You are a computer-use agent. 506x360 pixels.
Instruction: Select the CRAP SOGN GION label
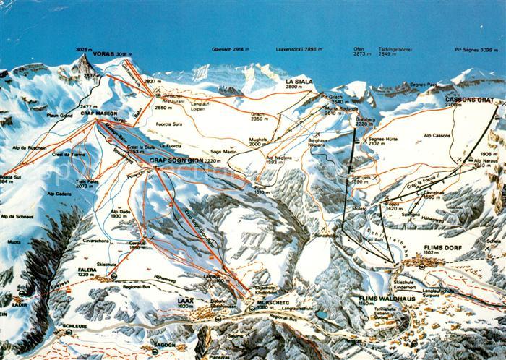click(x=176, y=160)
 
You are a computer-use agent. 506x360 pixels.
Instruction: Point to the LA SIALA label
click(x=299, y=82)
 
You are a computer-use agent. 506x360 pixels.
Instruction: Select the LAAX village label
click(x=186, y=300)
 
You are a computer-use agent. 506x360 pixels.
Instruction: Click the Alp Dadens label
click(x=59, y=194)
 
